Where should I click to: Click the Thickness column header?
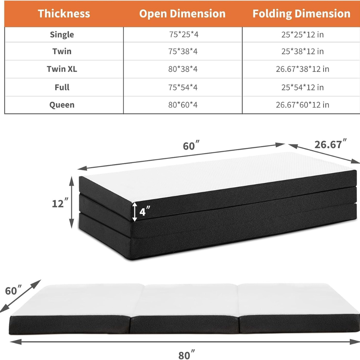coord(64,14)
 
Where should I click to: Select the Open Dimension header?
coord(182,14)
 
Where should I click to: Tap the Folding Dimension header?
coord(301,14)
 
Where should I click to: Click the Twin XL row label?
coord(62,69)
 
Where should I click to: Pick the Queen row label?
coord(62,105)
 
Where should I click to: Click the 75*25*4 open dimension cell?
coord(183,34)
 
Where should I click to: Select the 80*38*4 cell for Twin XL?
coord(183,69)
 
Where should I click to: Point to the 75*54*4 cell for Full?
coord(183,87)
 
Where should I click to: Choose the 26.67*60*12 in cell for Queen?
coord(302,105)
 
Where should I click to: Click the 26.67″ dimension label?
coord(329,144)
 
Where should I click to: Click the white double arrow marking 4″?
coord(135,212)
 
